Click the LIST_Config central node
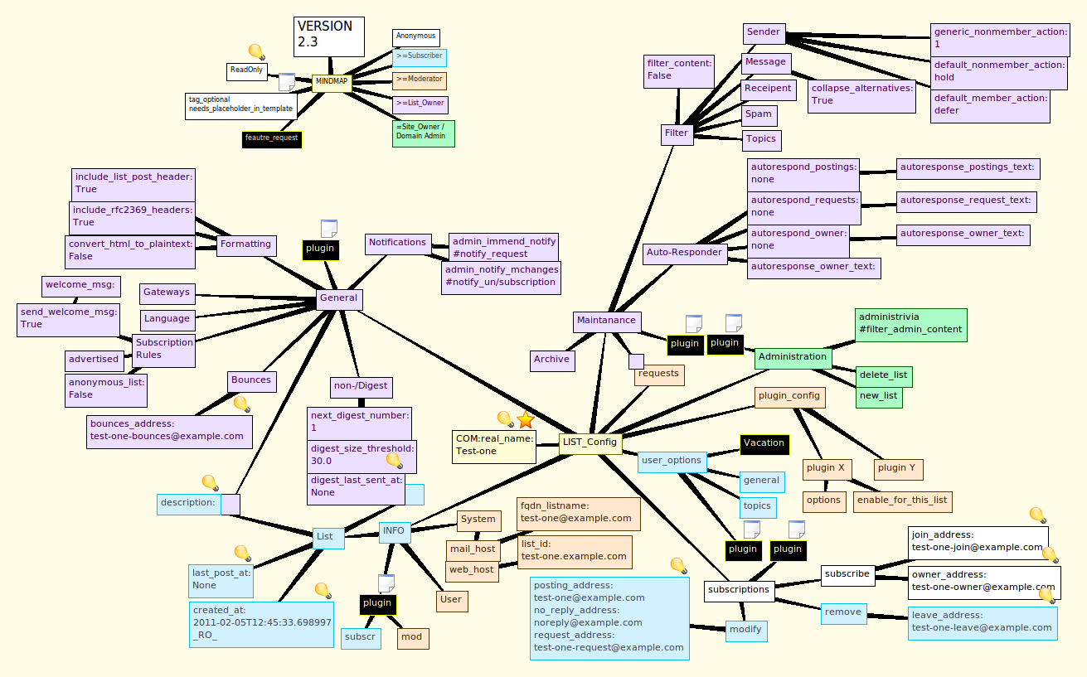tap(590, 442)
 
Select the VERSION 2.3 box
tap(329, 36)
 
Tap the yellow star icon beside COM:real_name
tap(526, 420)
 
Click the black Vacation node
tap(764, 443)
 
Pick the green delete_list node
tap(883, 375)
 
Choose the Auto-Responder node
tap(685, 253)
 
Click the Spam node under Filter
tap(758, 114)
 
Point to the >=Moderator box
tap(419, 80)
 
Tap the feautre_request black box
tap(272, 138)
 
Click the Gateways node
tap(167, 293)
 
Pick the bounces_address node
tap(169, 430)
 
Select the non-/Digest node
tap(361, 385)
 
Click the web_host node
tap(472, 569)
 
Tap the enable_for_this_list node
tap(901, 500)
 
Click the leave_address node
tap(983, 621)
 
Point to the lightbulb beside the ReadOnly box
tap(256, 52)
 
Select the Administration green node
tap(793, 357)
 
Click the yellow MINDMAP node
tap(332, 82)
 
